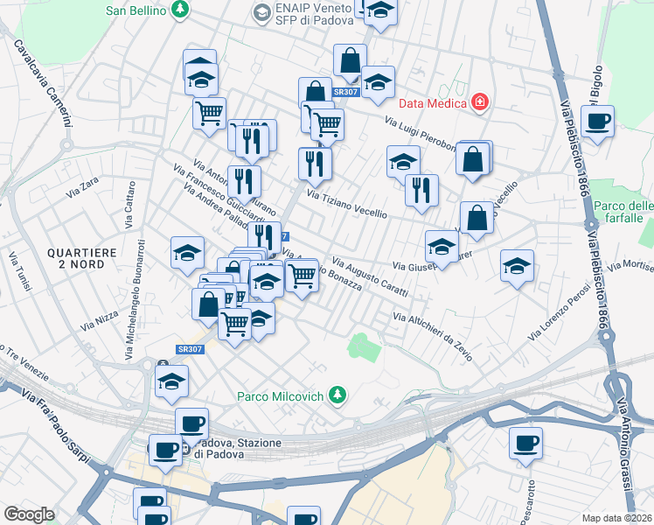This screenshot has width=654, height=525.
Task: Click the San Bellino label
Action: (136, 10)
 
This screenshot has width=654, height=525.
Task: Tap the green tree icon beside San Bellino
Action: (180, 10)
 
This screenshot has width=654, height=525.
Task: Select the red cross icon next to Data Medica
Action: (479, 103)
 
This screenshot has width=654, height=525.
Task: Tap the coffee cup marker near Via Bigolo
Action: (597, 122)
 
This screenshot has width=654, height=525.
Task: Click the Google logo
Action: (29, 514)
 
